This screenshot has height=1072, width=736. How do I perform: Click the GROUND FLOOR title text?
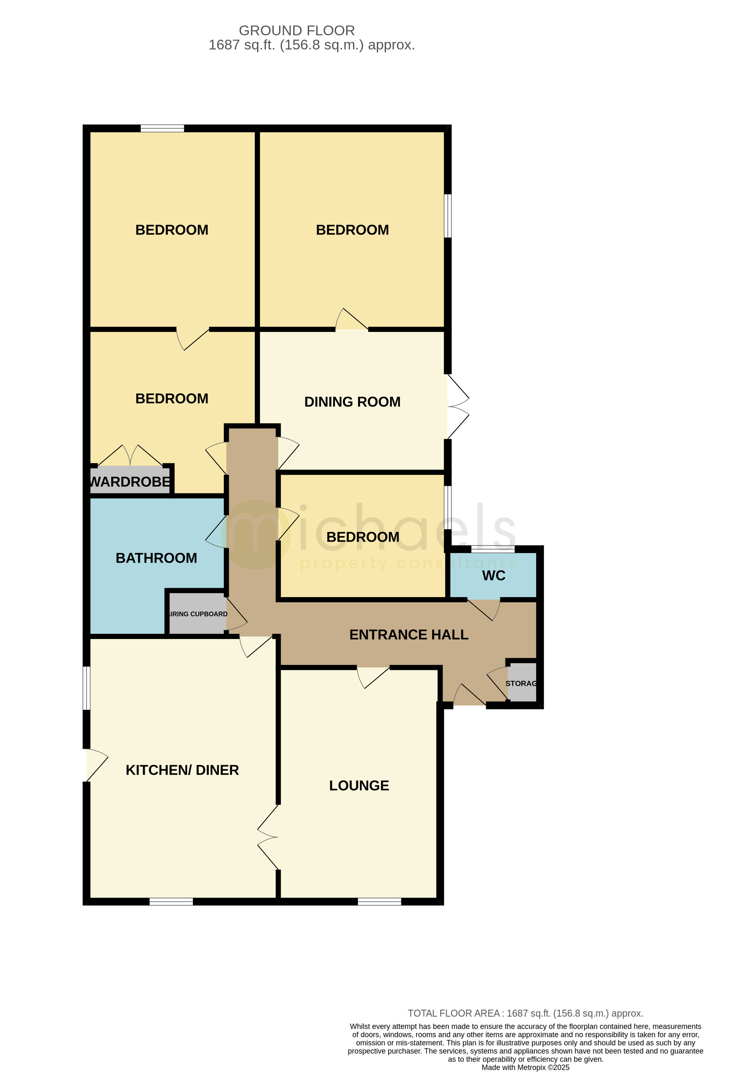click(x=297, y=31)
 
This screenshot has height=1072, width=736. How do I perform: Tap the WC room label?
click(x=493, y=575)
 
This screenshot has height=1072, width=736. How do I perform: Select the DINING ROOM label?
click(x=352, y=402)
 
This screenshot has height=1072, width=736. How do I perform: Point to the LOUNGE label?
click(x=359, y=785)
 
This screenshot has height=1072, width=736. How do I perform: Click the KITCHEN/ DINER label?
click(x=182, y=770)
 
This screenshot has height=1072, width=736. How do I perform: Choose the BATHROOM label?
click(x=156, y=558)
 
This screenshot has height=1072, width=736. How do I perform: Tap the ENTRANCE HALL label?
click(x=409, y=635)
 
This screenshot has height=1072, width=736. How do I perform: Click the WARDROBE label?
click(x=130, y=482)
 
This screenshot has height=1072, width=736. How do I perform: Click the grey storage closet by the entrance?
click(x=522, y=683)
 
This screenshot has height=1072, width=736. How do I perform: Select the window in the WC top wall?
click(x=492, y=549)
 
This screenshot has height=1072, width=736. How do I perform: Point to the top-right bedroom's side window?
click(x=448, y=215)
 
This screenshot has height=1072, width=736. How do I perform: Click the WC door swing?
click(x=485, y=609)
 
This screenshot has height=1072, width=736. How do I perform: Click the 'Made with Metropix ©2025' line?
click(x=525, y=1067)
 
